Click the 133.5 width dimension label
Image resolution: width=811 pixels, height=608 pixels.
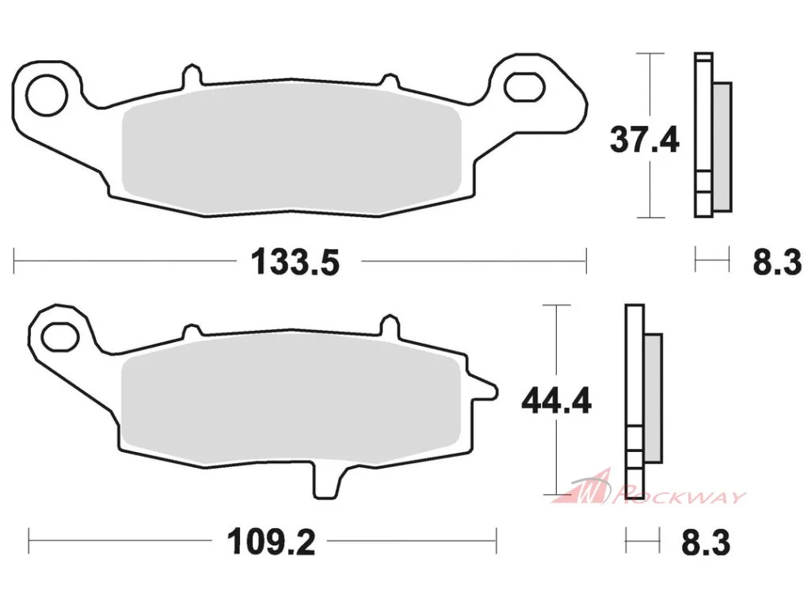(295, 262)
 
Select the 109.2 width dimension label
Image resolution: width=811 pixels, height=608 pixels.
(271, 542)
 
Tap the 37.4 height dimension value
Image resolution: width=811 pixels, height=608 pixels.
(644, 139)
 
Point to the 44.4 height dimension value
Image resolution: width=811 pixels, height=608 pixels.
(556, 401)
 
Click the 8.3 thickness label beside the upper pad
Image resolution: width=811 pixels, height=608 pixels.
(777, 262)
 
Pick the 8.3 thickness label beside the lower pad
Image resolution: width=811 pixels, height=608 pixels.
(706, 542)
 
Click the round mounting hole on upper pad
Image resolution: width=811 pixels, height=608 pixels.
(47, 95)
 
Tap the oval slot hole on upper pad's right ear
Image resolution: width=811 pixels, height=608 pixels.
(524, 86)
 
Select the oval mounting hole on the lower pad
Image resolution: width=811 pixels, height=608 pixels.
(60, 337)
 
